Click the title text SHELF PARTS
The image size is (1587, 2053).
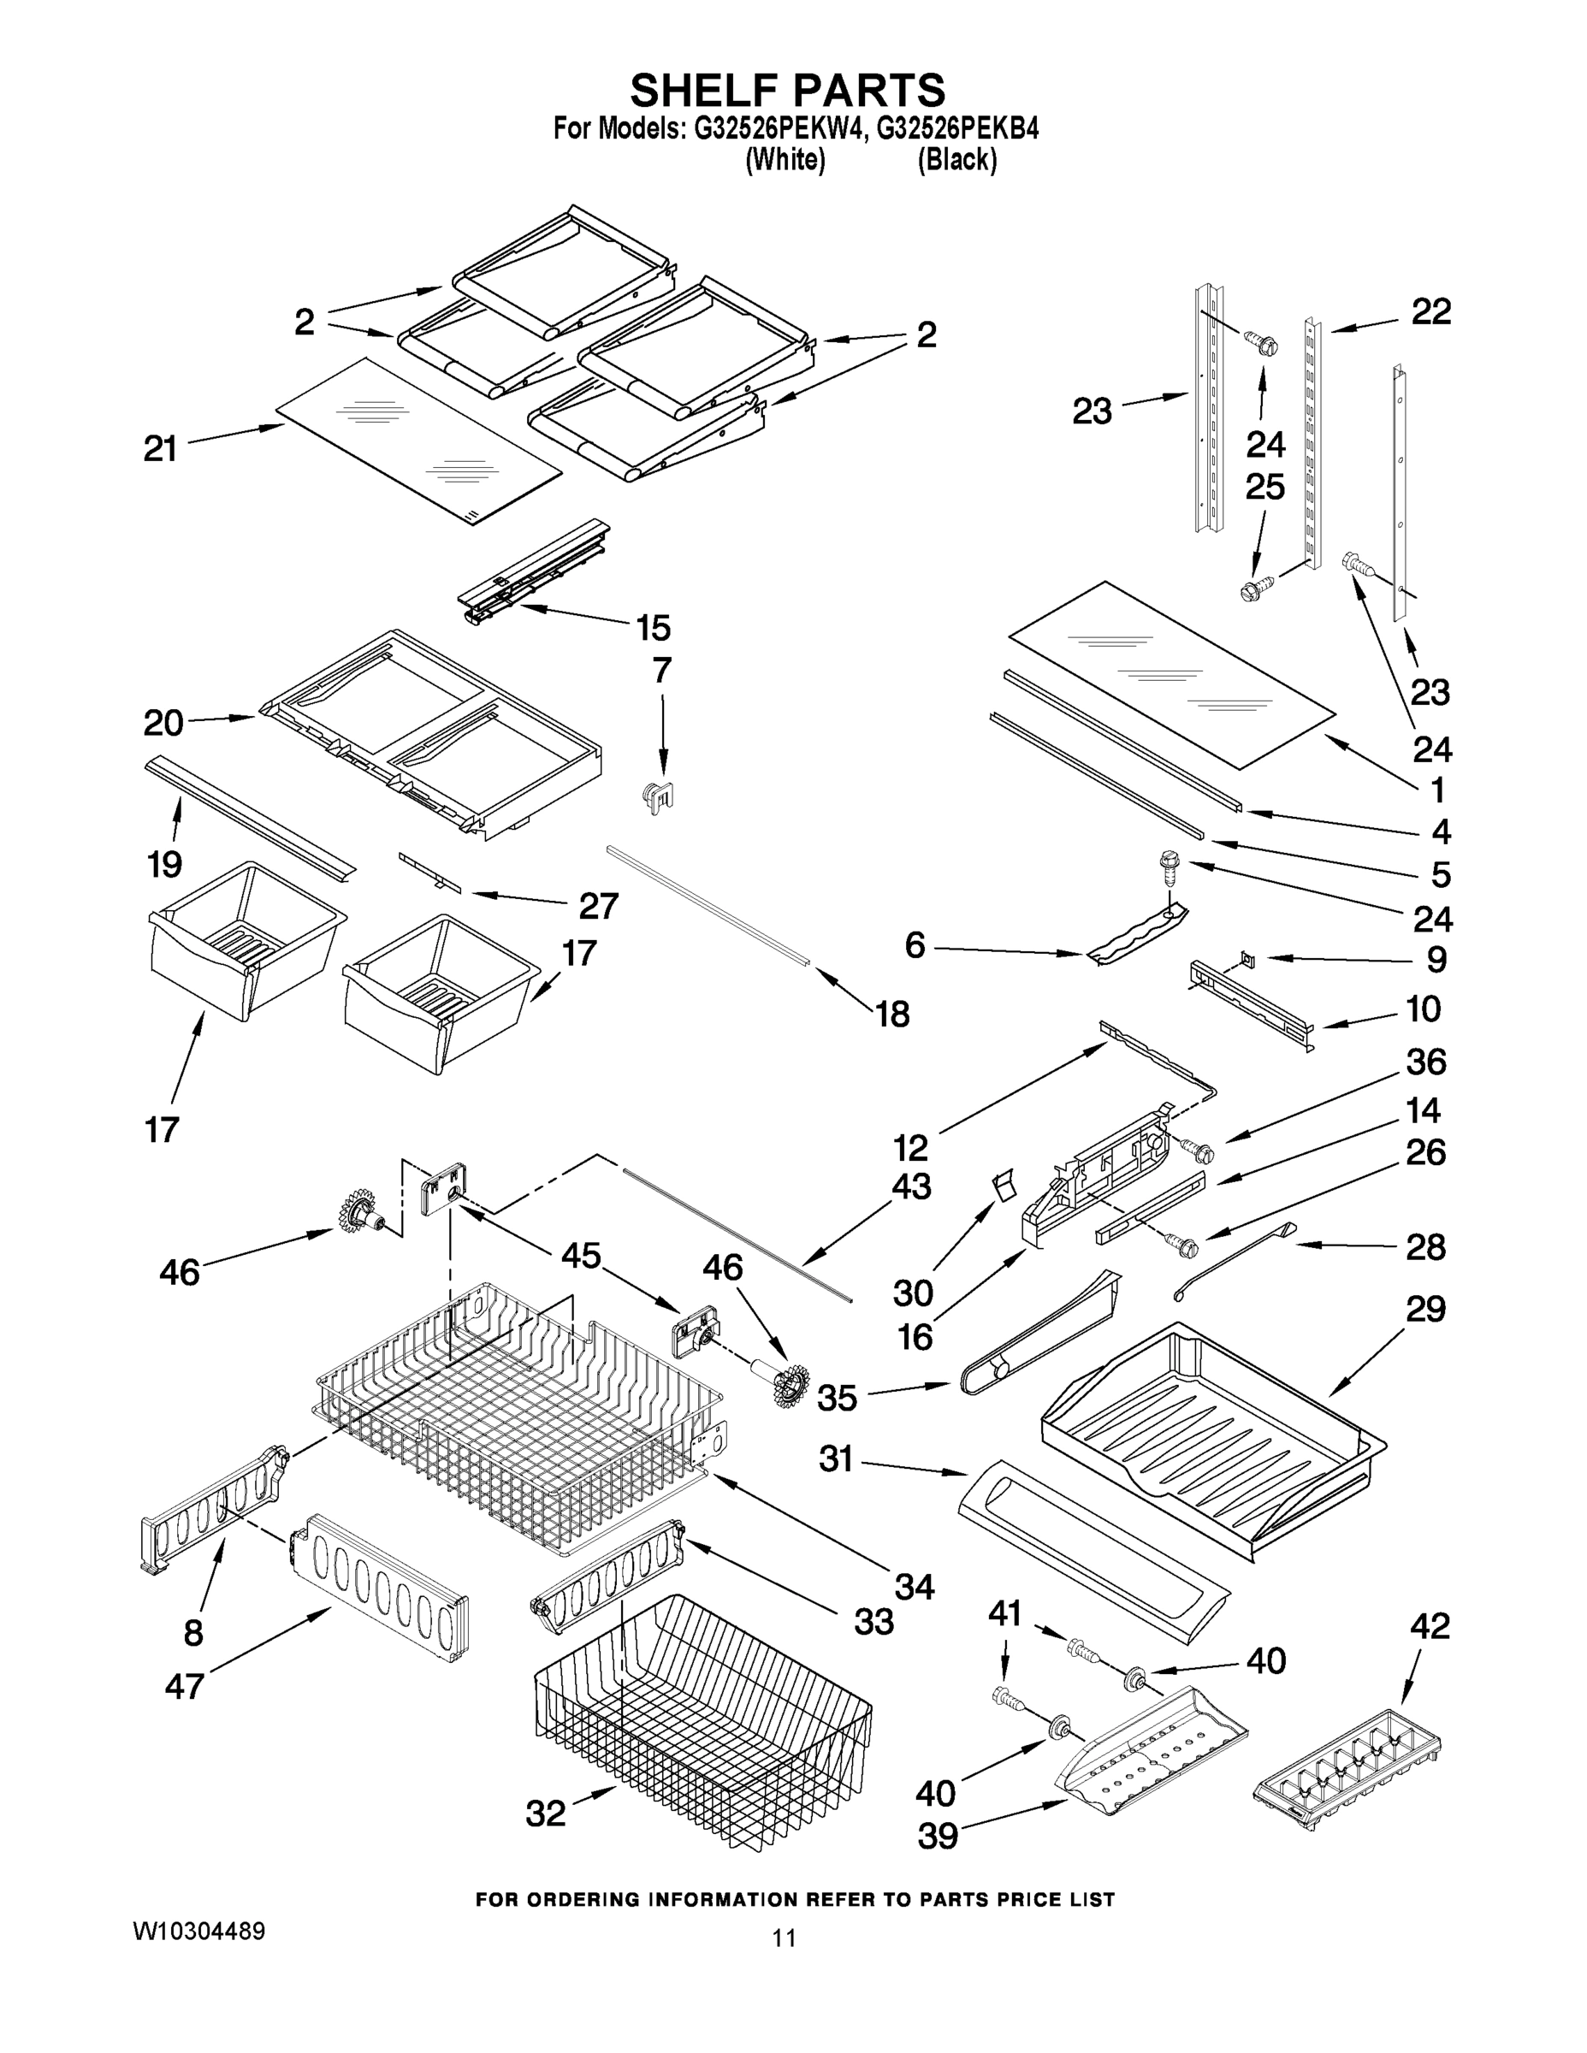(787, 92)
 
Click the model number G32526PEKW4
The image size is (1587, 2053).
(778, 130)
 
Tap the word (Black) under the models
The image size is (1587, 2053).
(956, 161)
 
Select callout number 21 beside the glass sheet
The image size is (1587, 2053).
(161, 449)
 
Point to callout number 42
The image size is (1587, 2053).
(1430, 1625)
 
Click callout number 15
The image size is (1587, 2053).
(654, 628)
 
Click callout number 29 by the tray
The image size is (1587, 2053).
(1425, 1309)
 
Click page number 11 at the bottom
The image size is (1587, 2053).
(785, 1964)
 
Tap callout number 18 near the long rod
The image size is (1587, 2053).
(892, 1015)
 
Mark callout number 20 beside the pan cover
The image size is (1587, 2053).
(163, 723)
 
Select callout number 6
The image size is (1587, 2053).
(915, 944)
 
